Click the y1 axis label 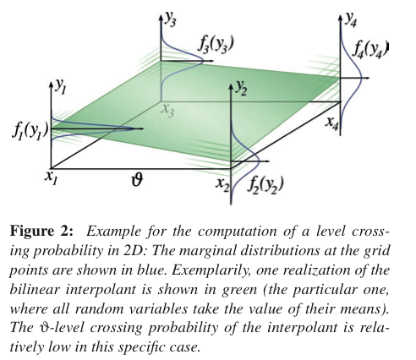tap(61, 87)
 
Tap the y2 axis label tap(241, 89)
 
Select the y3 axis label tap(171, 19)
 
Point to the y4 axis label tap(351, 19)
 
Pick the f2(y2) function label tap(265, 185)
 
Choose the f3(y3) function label tap(216, 45)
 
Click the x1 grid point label tap(52, 178)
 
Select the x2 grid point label tap(223, 185)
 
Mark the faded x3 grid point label tap(167, 111)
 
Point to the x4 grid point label tap(331, 124)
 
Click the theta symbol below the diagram tap(137, 180)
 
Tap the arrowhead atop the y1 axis tap(52, 85)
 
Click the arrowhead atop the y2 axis tap(231, 86)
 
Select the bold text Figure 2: tap(41, 232)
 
